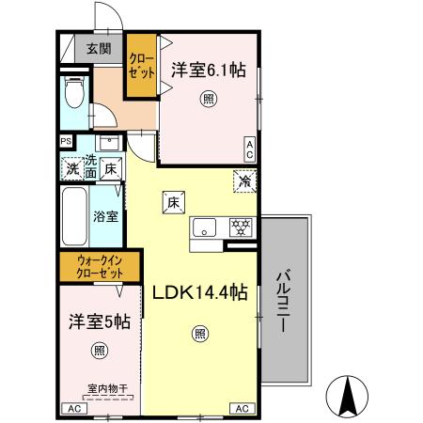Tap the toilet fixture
coord(76,92)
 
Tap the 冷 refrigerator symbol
coord(244,182)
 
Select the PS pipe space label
coord(66,142)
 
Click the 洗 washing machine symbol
coord(73,170)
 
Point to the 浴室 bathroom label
coord(105,215)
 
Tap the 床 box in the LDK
coord(173,201)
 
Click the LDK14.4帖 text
coord(200,293)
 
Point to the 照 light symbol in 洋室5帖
coord(100,351)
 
